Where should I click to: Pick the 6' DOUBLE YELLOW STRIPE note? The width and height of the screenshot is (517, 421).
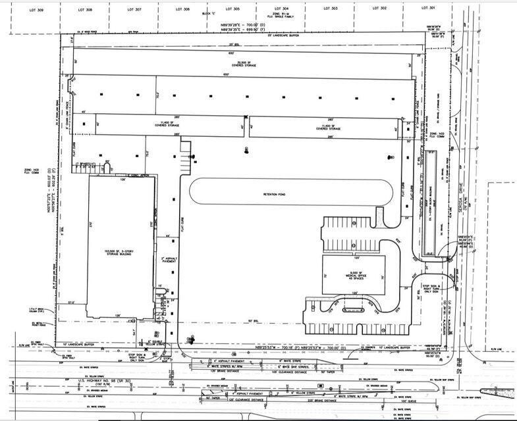pos(155,344)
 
